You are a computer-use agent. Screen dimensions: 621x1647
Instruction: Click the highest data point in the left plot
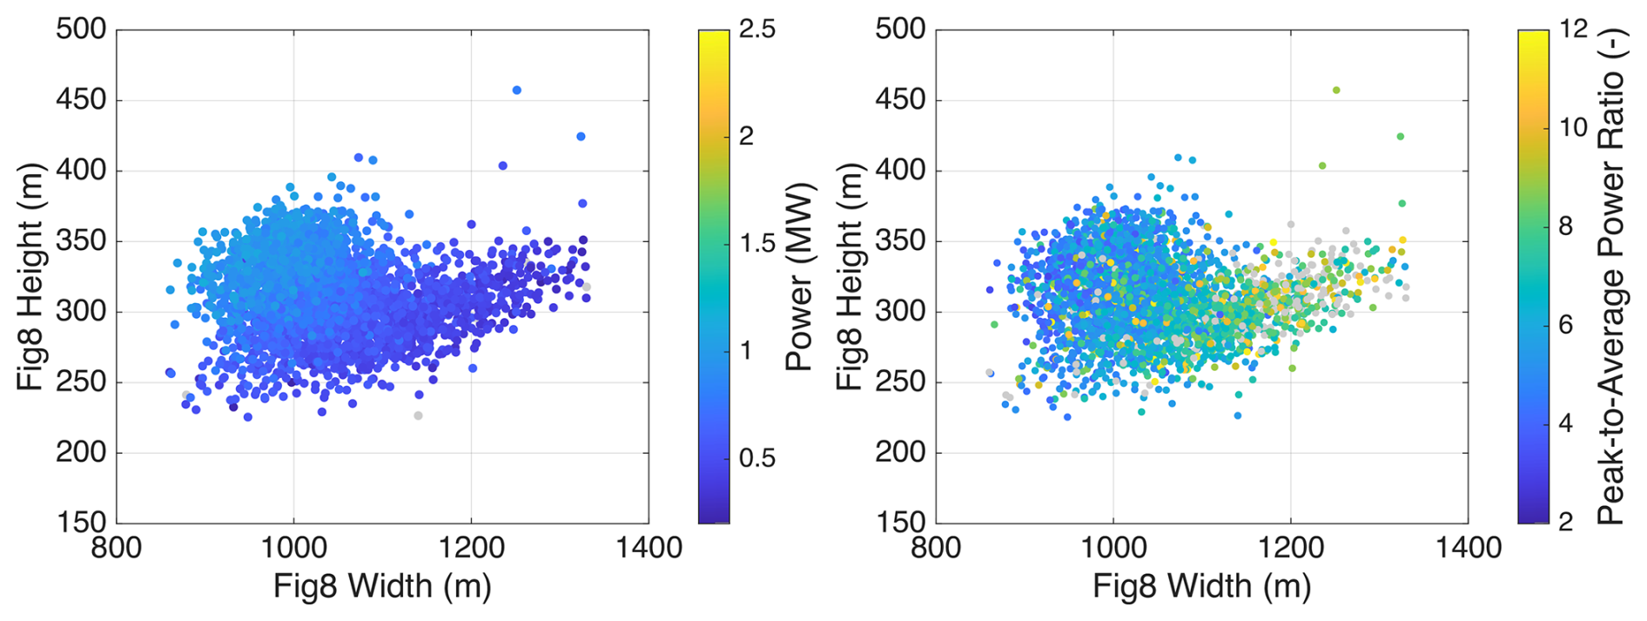(x=516, y=90)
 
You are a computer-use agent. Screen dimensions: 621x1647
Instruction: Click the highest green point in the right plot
(x=1336, y=90)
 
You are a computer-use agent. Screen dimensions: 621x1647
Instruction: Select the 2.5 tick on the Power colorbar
(x=756, y=29)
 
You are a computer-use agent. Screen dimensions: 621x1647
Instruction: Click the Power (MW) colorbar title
(x=798, y=277)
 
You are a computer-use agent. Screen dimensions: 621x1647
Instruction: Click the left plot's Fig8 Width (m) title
(x=382, y=586)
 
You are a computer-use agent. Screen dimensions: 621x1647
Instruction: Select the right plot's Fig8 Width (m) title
(x=1202, y=586)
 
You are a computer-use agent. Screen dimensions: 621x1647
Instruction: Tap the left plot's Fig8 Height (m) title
(x=30, y=277)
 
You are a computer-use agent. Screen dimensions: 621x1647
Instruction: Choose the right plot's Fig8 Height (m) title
(x=850, y=277)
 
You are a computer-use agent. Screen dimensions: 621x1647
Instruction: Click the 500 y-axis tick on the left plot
(x=81, y=29)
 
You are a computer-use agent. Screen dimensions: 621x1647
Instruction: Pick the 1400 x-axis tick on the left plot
(x=649, y=548)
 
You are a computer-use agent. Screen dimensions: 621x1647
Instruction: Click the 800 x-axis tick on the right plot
(x=937, y=548)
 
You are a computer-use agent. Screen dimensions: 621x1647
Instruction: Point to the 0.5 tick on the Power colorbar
(x=756, y=458)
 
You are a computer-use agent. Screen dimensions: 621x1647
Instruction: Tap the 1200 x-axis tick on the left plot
(x=471, y=548)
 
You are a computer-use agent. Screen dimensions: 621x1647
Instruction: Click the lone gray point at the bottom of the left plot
(x=418, y=415)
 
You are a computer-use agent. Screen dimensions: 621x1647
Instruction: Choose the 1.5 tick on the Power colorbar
(x=756, y=243)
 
